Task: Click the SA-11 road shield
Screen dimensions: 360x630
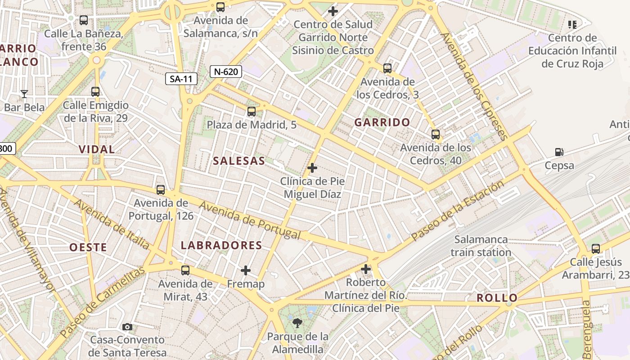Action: (181, 79)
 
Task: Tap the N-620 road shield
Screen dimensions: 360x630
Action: (226, 71)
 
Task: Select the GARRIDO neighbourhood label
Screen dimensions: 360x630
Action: (382, 122)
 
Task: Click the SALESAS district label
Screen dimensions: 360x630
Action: (239, 161)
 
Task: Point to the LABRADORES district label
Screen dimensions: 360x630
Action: (221, 245)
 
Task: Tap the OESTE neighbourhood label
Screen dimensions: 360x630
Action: (88, 247)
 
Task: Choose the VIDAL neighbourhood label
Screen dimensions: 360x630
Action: (97, 149)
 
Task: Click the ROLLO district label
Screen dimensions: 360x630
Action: (497, 297)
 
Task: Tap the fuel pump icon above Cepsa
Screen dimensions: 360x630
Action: (559, 153)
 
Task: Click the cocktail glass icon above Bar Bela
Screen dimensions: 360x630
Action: (24, 94)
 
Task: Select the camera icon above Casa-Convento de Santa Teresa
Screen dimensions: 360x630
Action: (127, 327)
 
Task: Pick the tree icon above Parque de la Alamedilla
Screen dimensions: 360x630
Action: (297, 323)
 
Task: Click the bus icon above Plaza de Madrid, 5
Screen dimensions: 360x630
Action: (252, 112)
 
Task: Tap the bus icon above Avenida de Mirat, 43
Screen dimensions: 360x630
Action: (185, 270)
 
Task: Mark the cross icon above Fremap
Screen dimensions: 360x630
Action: (246, 270)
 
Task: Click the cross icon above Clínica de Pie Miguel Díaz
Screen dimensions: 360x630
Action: (312, 168)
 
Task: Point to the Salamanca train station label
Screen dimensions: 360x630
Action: (481, 246)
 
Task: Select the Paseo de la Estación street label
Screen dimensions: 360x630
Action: (458, 210)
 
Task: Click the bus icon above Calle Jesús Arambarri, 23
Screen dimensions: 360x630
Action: (596, 248)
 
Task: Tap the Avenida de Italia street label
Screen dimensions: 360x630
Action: (111, 224)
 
